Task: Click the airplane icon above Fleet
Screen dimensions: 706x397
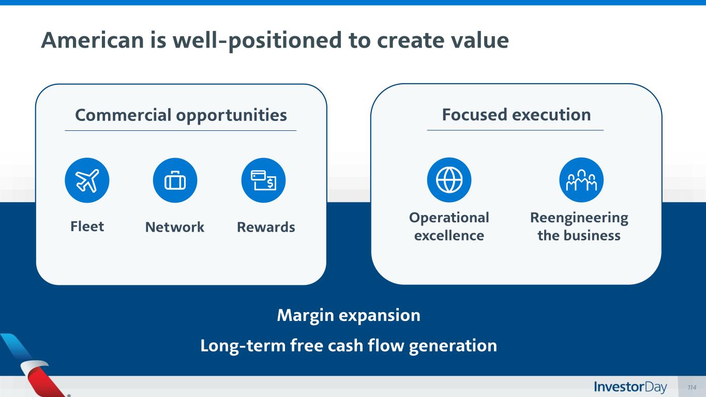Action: [x=87, y=180]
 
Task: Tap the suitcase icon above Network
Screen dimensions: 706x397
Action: [x=175, y=180]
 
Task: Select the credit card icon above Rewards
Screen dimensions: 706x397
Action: [x=263, y=180]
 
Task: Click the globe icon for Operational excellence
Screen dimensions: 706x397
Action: [x=449, y=180]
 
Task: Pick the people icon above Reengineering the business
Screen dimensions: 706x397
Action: [x=581, y=180]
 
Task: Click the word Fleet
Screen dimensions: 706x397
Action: [x=87, y=226]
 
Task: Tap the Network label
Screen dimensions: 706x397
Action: [x=175, y=227]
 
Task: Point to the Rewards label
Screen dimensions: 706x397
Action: [x=266, y=227]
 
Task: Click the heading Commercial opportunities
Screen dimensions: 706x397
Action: [x=181, y=115]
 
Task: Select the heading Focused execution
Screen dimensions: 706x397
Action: [x=516, y=114]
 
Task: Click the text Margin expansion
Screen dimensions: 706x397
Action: [x=349, y=315]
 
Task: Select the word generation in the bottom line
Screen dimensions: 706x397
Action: [x=453, y=346]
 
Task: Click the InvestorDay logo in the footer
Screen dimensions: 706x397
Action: [x=630, y=387]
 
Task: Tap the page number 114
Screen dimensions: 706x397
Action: [x=692, y=387]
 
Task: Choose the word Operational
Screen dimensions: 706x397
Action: [x=449, y=218]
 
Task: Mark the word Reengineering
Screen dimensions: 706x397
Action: [x=579, y=218]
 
